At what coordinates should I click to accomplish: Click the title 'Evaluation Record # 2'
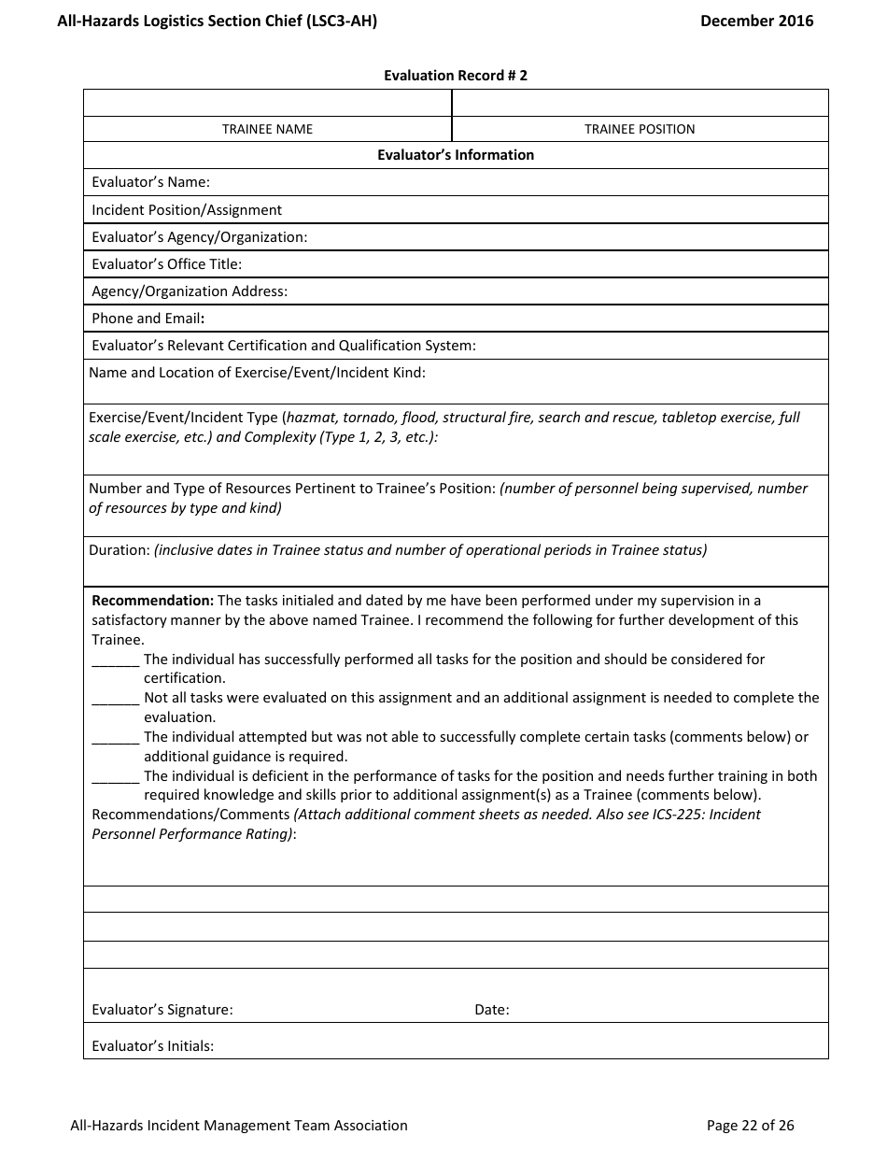click(456, 76)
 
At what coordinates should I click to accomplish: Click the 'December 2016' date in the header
click(756, 21)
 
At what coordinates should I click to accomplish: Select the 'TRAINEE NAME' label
click(267, 129)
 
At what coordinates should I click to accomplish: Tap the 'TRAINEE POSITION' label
click(640, 129)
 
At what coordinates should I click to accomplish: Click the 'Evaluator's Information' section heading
click(456, 155)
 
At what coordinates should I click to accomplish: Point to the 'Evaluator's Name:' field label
click(150, 182)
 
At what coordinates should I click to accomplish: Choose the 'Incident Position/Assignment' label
click(187, 210)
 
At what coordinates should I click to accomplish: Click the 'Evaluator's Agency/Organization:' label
click(199, 237)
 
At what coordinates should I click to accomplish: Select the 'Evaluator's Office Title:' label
click(166, 264)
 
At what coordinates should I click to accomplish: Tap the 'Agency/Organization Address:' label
click(190, 291)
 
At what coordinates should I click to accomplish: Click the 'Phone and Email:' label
click(148, 319)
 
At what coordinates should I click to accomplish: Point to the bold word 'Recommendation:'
click(153, 601)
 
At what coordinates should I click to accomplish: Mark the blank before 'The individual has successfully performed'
click(116, 660)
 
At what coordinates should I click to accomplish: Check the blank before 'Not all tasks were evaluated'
click(116, 698)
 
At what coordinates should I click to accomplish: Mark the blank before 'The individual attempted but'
click(116, 737)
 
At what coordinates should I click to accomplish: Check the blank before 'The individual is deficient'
click(116, 776)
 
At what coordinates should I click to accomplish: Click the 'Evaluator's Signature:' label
click(162, 1010)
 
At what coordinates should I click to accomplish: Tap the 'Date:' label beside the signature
click(492, 1010)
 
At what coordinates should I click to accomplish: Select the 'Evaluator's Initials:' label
click(152, 1046)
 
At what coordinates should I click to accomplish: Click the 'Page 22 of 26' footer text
click(750, 1126)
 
